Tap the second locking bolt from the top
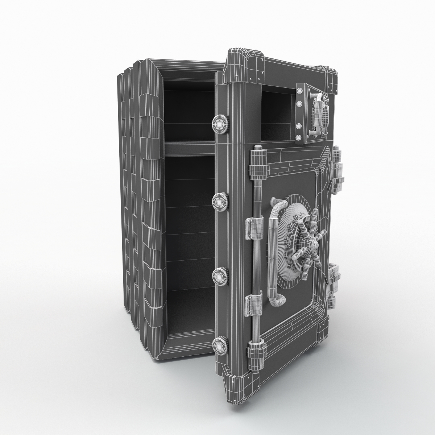(x=220, y=201)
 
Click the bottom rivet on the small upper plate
(x=299, y=137)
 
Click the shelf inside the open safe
(x=188, y=149)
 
